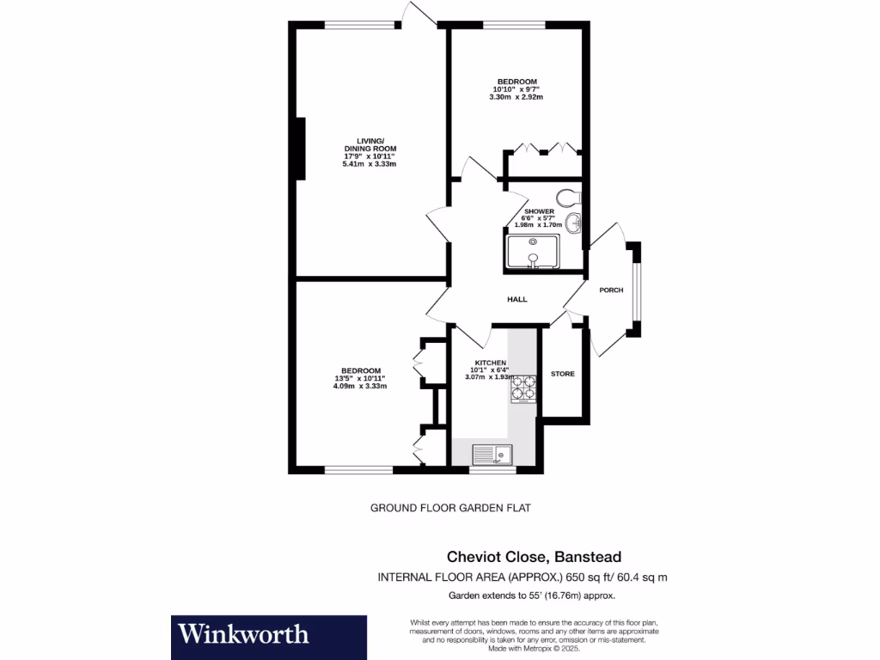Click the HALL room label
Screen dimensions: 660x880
[516, 300]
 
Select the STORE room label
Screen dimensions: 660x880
[563, 374]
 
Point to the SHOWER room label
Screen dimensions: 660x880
[539, 211]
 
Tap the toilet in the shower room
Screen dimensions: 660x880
[567, 197]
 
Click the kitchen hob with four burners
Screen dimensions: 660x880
[523, 389]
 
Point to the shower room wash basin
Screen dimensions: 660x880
[577, 223]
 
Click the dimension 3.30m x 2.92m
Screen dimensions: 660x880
[516, 97]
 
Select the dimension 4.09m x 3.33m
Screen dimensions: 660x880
[359, 387]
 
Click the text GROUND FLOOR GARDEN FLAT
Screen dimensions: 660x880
[450, 508]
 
